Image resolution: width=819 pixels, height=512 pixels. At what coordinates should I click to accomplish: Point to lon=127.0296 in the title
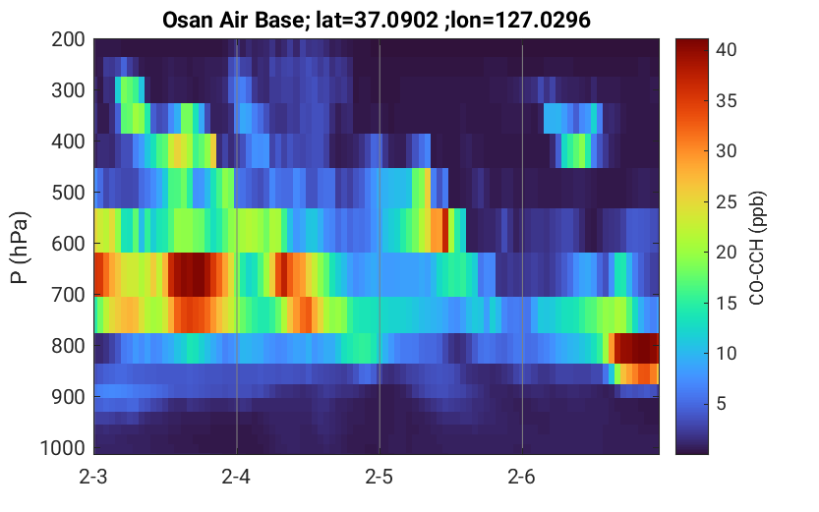[x=520, y=21]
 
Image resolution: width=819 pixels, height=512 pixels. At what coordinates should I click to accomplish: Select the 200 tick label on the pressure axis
[x=68, y=39]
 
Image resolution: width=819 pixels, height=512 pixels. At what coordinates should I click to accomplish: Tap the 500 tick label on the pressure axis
[x=68, y=193]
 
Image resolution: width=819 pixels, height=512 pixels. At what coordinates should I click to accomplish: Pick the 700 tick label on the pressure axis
[x=68, y=295]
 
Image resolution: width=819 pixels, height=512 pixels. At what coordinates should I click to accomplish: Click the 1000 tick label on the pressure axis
[x=63, y=448]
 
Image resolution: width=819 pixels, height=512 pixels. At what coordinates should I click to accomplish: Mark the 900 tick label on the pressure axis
[x=68, y=397]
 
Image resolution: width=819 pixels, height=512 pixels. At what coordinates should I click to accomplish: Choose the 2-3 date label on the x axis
[x=93, y=477]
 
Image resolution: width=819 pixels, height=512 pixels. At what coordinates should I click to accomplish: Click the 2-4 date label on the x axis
[x=236, y=477]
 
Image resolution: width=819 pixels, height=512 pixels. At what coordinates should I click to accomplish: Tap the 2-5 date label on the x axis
[x=380, y=477]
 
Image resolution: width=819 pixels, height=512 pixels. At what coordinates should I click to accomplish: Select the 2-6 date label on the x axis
[x=522, y=477]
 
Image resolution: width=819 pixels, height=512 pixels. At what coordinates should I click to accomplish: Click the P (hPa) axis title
[x=20, y=248]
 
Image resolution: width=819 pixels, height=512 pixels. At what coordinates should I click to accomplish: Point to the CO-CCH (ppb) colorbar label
[x=757, y=248]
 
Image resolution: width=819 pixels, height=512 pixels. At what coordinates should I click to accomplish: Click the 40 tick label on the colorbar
[x=726, y=49]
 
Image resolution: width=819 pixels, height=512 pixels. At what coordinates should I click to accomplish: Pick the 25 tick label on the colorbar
[x=726, y=201]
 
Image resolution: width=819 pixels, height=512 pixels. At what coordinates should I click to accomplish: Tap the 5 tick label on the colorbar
[x=722, y=404]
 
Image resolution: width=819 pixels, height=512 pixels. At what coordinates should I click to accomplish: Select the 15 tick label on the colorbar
[x=726, y=303]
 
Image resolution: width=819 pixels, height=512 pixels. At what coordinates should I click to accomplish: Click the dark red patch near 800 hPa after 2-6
[x=636, y=348]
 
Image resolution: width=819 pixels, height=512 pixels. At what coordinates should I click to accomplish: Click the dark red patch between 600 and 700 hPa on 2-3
[x=192, y=274]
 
